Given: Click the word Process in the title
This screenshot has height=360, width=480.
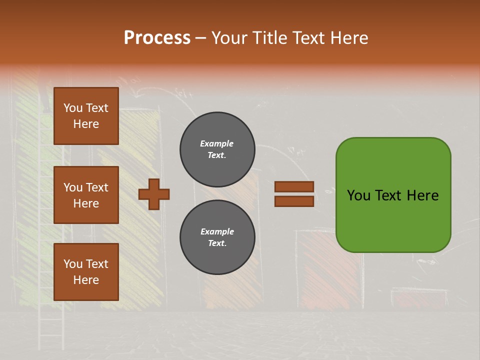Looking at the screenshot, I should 157,38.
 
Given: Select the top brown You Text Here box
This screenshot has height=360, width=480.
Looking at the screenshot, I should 86,116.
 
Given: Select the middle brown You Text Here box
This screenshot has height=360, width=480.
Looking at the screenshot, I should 86,195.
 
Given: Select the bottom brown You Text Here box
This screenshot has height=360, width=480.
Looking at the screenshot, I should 86,272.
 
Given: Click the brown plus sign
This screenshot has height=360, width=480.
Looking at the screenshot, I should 154,194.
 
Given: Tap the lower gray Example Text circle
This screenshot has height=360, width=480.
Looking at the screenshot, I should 217,237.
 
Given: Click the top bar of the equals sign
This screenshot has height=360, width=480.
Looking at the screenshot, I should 294,186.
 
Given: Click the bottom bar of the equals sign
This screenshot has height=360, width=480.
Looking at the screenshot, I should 294,201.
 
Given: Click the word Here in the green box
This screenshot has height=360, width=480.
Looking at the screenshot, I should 422,195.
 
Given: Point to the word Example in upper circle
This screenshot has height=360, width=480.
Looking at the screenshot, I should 217,143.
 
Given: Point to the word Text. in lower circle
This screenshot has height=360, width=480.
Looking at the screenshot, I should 217,243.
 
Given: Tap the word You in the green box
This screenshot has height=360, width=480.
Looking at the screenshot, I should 358,195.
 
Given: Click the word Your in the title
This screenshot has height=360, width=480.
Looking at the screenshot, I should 229,38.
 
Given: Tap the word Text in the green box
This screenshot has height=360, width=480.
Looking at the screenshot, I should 388,195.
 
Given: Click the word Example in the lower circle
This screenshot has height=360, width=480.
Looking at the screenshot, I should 217,231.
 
